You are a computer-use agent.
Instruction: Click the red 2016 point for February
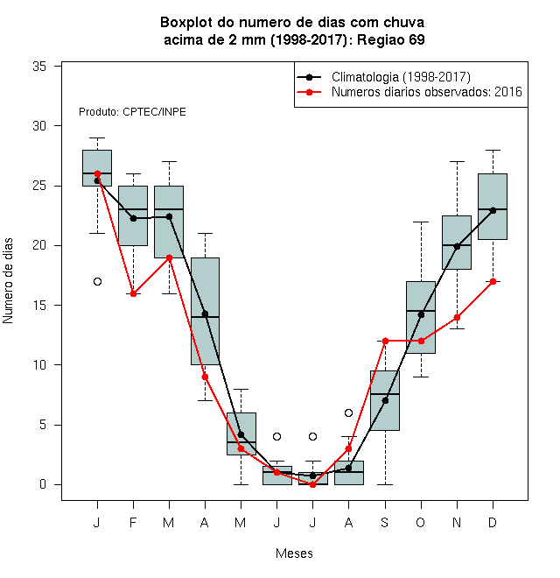133,293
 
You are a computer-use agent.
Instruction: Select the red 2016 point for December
493,282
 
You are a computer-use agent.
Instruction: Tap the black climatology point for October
421,314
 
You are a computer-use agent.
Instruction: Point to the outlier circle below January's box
97,282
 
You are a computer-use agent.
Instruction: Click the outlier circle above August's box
348,412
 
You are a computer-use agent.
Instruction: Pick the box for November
457,243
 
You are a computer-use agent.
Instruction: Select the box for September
385,401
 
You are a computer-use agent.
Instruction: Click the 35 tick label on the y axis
39,67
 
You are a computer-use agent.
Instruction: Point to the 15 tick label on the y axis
39,306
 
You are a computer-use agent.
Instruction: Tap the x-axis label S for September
385,523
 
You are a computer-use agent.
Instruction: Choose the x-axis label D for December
493,523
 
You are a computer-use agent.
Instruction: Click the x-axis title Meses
294,553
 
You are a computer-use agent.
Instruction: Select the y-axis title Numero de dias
8,281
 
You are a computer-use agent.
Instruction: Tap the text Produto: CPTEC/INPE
132,112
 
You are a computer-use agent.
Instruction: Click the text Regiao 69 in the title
391,39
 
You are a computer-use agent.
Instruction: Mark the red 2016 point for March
169,257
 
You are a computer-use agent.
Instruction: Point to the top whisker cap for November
457,161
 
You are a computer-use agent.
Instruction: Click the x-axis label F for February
133,523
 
